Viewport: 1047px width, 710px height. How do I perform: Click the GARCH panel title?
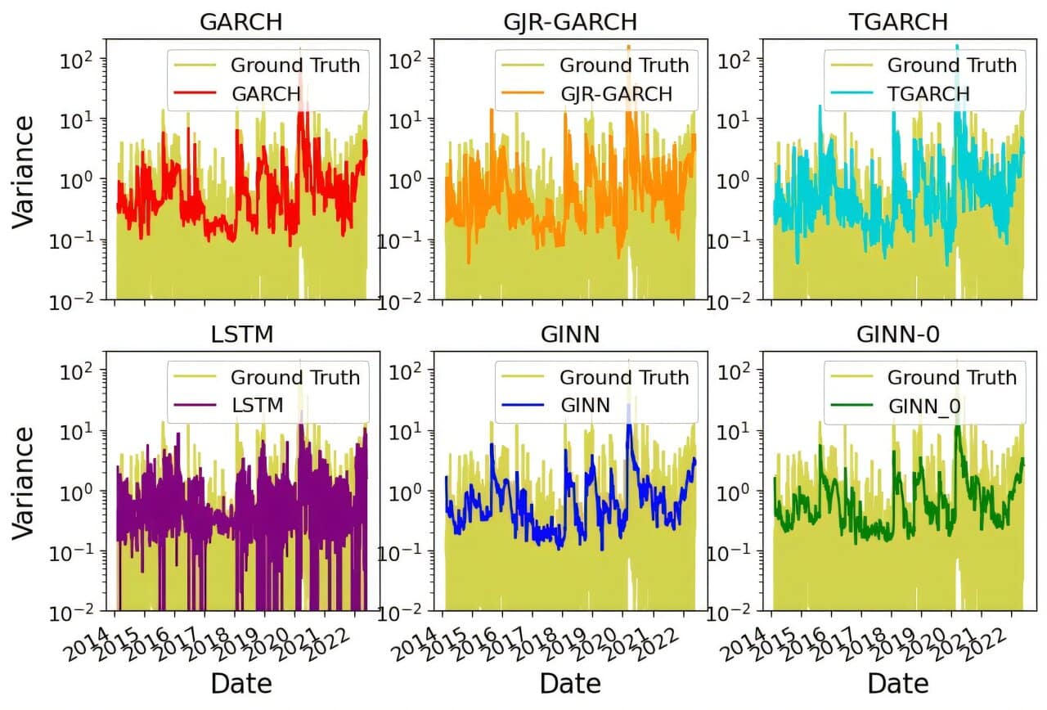pos(241,22)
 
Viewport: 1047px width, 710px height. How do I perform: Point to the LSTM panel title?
pos(241,334)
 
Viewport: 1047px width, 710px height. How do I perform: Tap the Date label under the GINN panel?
pos(570,684)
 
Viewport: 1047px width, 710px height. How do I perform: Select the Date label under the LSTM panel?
pos(241,684)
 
